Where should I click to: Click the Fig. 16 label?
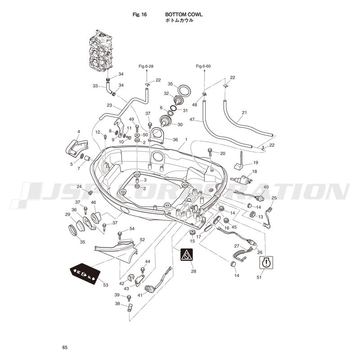tap(139, 14)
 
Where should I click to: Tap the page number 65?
tap(65, 347)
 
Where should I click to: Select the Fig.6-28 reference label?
tap(146, 66)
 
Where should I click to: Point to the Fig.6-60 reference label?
tap(203, 66)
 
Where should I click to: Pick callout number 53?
tap(106, 285)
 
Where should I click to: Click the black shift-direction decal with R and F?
tap(83, 274)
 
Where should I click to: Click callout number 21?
tap(244, 112)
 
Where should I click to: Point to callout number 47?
tap(192, 120)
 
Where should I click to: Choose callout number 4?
tap(78, 132)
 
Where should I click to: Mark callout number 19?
tap(255, 162)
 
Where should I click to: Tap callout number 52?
tap(142, 240)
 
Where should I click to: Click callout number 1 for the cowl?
tap(186, 139)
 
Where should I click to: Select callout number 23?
tap(109, 105)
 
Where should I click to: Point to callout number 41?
tap(140, 295)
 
